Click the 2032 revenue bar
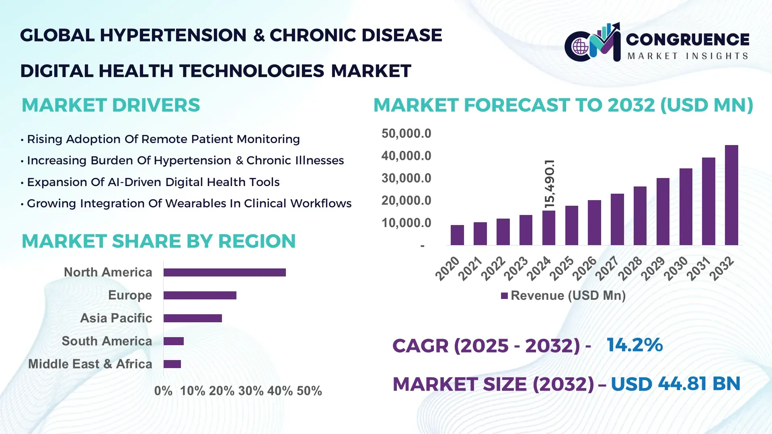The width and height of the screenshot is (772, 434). click(x=731, y=195)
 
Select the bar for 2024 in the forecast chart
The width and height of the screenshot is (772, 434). click(x=548, y=228)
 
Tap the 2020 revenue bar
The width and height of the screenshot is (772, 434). click(x=457, y=235)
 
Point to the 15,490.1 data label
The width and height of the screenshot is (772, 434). click(x=549, y=184)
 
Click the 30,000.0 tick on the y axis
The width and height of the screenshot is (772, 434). click(x=406, y=178)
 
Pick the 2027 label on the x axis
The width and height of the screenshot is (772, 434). click(x=607, y=268)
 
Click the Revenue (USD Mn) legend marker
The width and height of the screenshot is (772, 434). click(x=504, y=296)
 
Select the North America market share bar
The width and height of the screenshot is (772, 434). click(x=224, y=272)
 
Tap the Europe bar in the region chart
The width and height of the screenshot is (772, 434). click(x=200, y=295)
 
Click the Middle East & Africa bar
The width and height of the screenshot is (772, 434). click(x=172, y=364)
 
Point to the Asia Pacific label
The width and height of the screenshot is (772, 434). click(x=116, y=318)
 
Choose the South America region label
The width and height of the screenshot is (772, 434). click(x=107, y=341)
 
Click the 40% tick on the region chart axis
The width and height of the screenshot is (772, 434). click(x=280, y=391)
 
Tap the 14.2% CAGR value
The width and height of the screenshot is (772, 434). click(x=634, y=345)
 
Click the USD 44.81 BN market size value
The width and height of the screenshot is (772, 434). click(x=675, y=384)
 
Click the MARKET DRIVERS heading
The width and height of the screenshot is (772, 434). click(x=111, y=105)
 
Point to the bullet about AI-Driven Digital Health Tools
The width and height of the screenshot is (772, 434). click(x=153, y=182)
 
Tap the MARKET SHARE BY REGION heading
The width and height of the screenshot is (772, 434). click(x=158, y=241)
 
